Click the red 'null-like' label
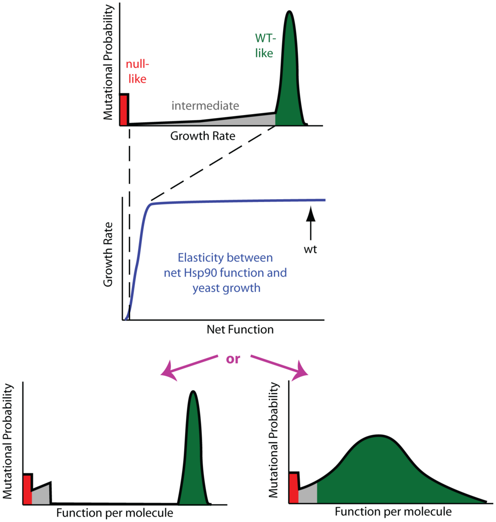pyautogui.click(x=136, y=71)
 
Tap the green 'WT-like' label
pyautogui.click(x=264, y=45)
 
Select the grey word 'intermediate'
pyautogui.click(x=206, y=105)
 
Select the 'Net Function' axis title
pyautogui.click(x=240, y=330)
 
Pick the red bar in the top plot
pyautogui.click(x=124, y=110)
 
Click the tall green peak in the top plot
pyautogui.click(x=290, y=82)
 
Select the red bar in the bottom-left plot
pyautogui.click(x=28, y=489)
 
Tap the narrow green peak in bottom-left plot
pyautogui.click(x=194, y=459)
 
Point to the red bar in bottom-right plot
pyautogui.click(x=294, y=488)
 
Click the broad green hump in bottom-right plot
pyautogui.click(x=382, y=474)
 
